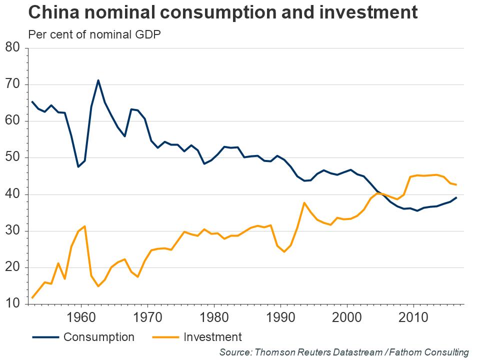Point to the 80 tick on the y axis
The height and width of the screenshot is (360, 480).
[12, 48]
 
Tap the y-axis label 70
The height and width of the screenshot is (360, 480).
[12, 84]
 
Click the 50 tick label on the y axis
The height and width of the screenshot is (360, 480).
[12, 157]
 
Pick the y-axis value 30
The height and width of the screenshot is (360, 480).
[12, 231]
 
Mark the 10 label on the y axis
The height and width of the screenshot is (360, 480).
[12, 304]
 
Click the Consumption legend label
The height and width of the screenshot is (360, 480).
[98, 337]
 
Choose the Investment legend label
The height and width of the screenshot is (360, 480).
[212, 337]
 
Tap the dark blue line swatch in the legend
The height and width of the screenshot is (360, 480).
[45, 337]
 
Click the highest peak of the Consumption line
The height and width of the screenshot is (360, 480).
[98, 80]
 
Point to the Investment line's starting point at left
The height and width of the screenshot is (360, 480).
[32, 298]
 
